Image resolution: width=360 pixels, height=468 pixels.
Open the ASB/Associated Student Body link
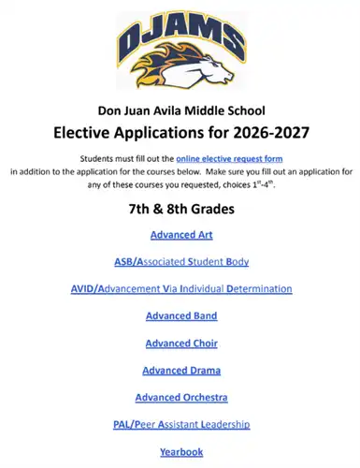[180, 261]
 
